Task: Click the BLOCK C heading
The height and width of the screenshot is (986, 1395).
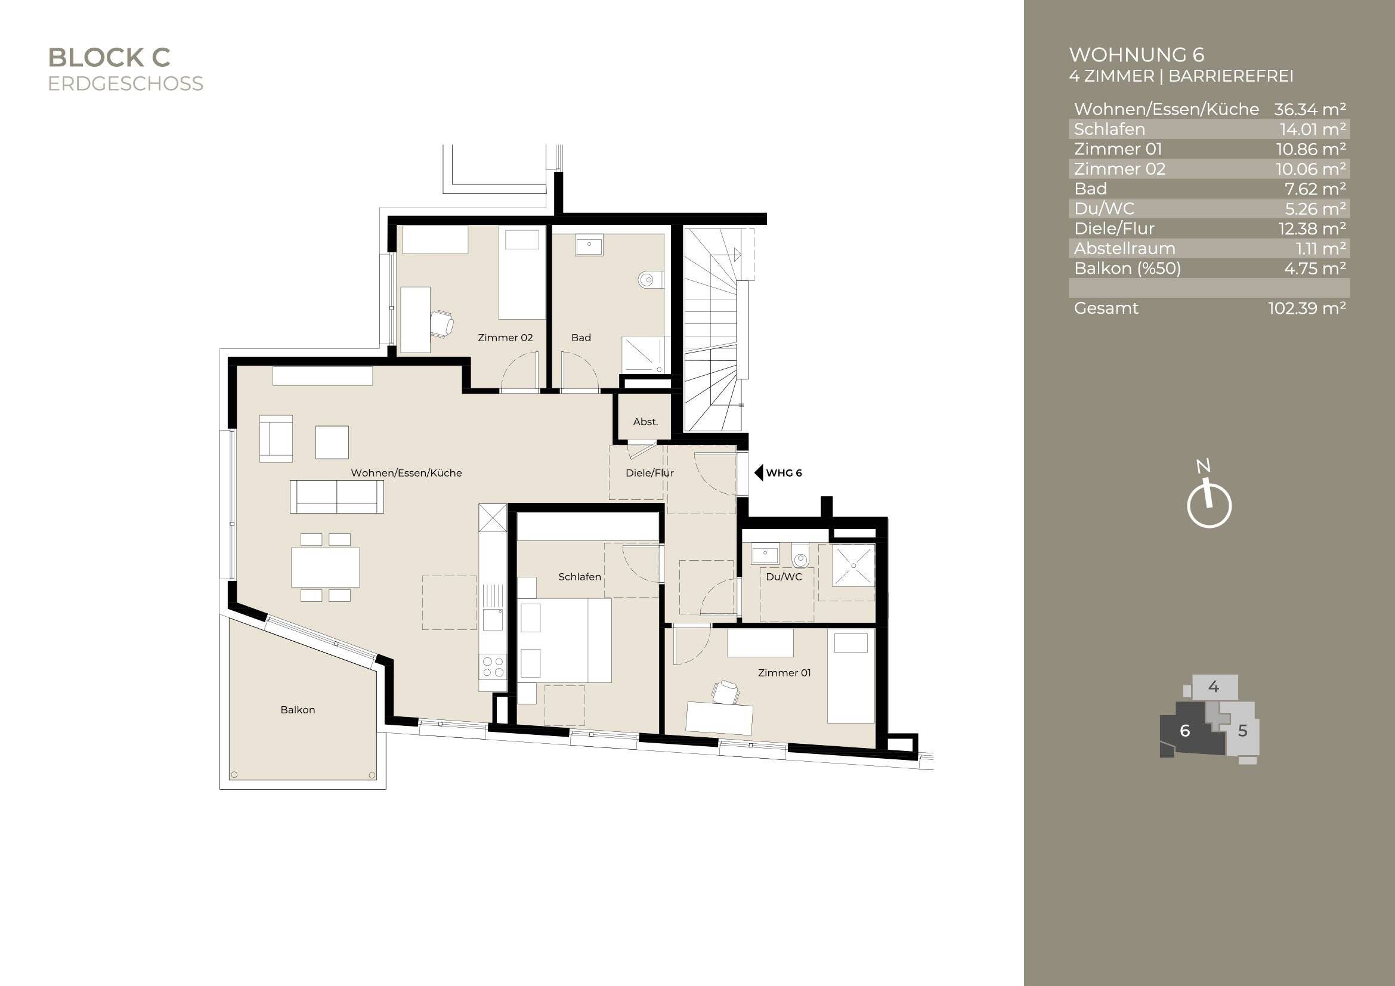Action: (x=109, y=58)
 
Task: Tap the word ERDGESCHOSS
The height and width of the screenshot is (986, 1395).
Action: (x=125, y=84)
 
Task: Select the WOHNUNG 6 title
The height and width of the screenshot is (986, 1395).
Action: (x=1136, y=55)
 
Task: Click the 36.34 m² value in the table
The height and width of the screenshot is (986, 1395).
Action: (x=1309, y=109)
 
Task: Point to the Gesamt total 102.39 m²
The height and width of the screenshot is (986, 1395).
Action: (x=1306, y=308)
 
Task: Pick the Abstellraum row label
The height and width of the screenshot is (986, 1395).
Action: (x=1124, y=249)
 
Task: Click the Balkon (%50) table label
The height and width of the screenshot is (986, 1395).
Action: (x=1127, y=268)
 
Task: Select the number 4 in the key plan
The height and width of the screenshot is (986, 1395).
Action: (x=1213, y=687)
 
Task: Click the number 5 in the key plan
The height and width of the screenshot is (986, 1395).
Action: (x=1242, y=731)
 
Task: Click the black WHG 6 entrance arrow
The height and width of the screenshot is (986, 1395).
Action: (x=758, y=472)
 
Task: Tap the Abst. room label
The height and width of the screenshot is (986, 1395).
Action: (x=645, y=422)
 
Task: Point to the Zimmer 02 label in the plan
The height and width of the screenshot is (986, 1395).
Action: (x=505, y=338)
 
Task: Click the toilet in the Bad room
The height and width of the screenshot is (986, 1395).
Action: (x=650, y=280)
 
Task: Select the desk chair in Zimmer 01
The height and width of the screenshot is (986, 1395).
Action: (x=725, y=692)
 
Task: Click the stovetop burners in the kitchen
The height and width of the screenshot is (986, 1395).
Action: (x=493, y=666)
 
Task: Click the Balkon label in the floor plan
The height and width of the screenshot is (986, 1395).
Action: (x=298, y=710)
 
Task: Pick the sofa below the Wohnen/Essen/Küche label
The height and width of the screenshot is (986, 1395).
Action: (x=336, y=497)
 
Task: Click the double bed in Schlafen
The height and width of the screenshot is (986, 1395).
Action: (x=565, y=639)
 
